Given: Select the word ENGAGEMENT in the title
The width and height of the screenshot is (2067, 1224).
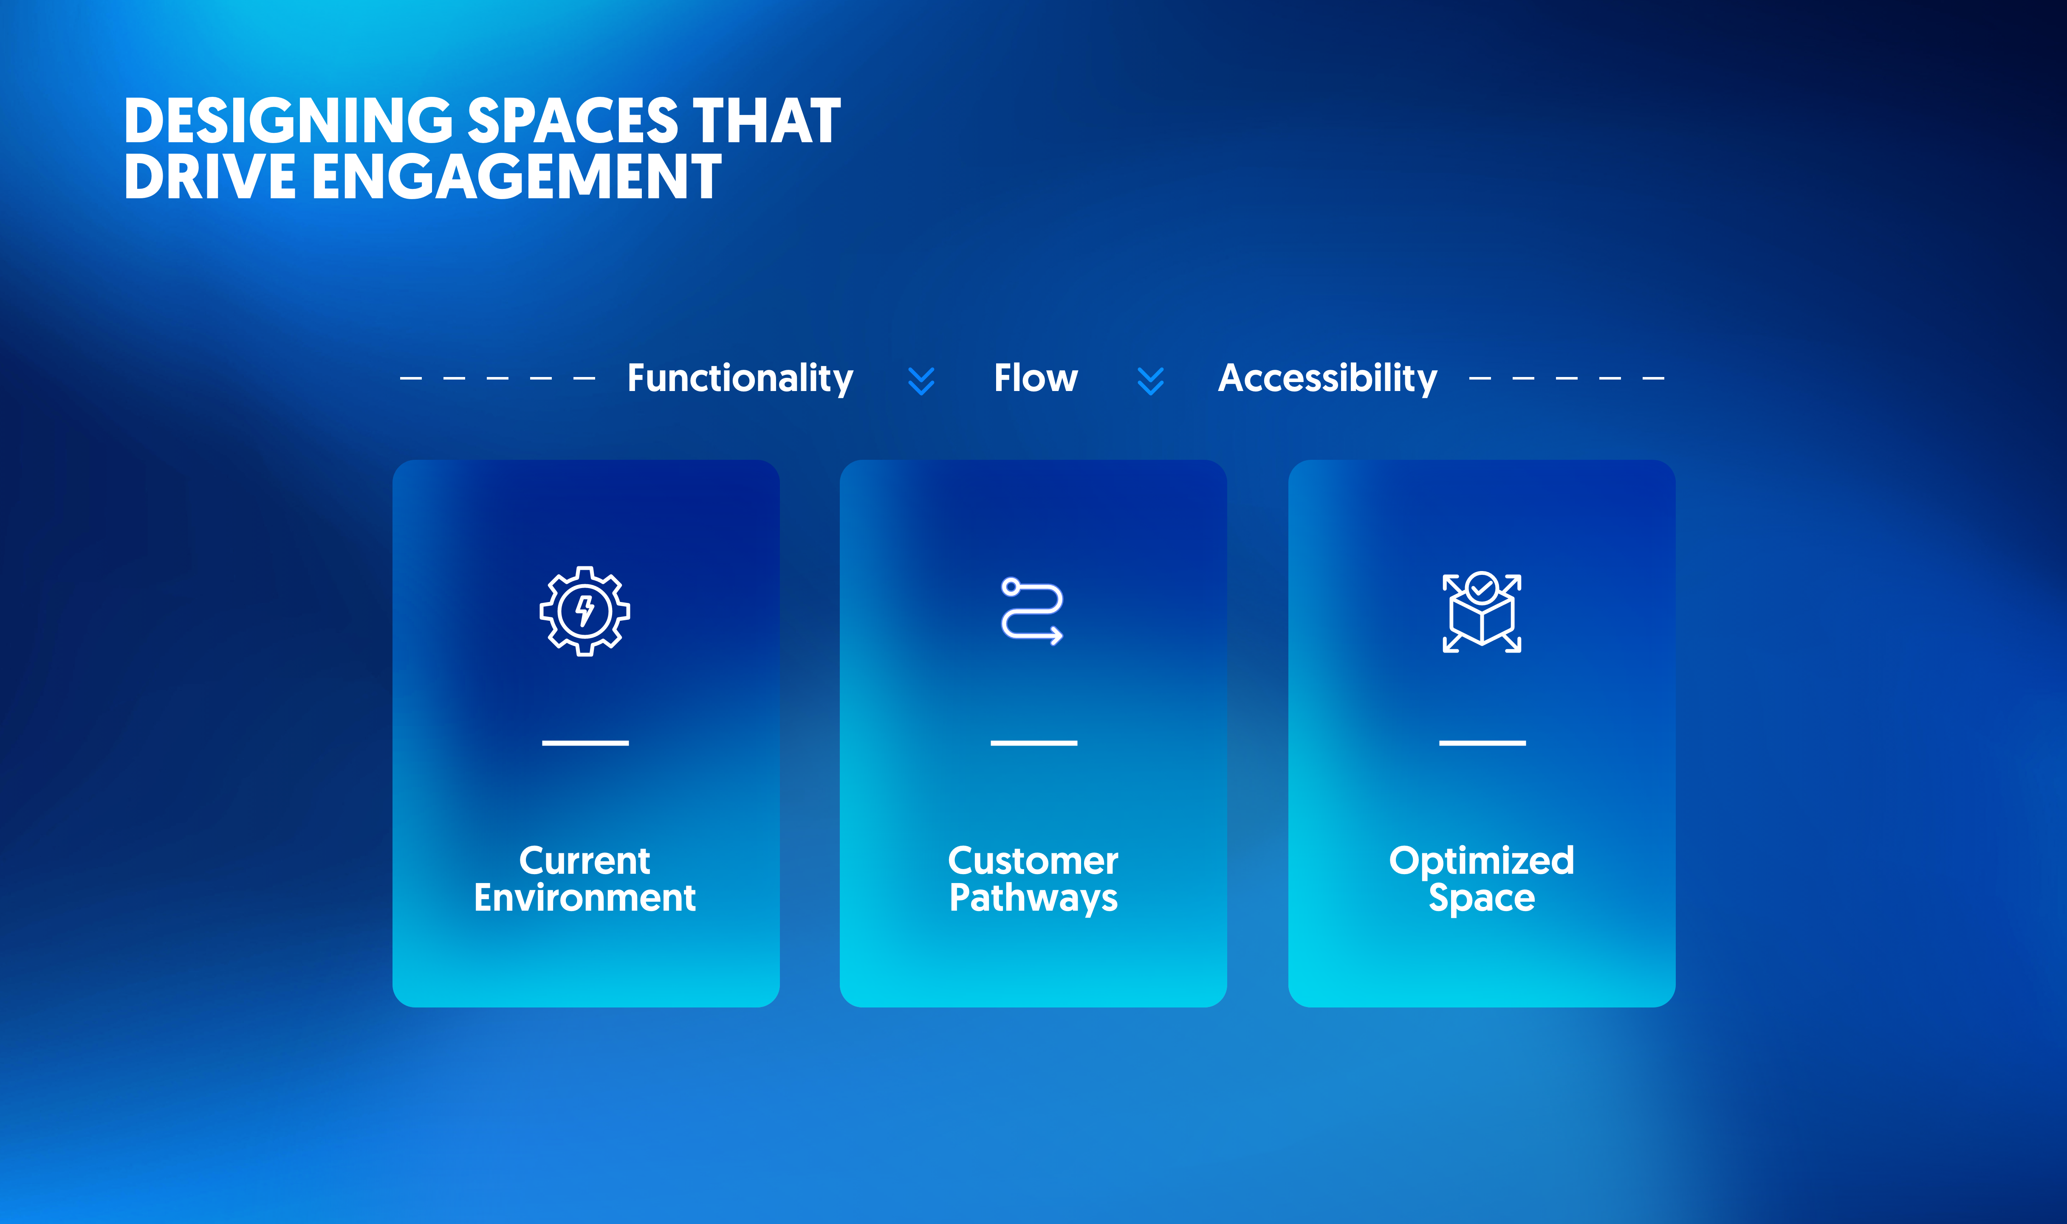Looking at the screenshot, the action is [517, 177].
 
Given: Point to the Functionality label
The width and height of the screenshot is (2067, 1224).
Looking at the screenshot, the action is [740, 379].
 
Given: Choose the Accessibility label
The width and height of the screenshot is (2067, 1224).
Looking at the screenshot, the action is [1328, 379].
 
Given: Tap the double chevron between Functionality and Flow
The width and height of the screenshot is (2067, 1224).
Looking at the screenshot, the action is [921, 381].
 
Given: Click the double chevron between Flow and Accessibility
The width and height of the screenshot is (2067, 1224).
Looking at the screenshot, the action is [1150, 381].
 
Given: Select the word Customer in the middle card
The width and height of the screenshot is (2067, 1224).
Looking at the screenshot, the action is [1033, 861].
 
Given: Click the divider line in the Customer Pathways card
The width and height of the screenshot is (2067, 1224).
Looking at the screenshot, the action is [1034, 743].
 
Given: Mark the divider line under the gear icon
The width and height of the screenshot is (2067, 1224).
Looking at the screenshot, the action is [585, 743].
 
